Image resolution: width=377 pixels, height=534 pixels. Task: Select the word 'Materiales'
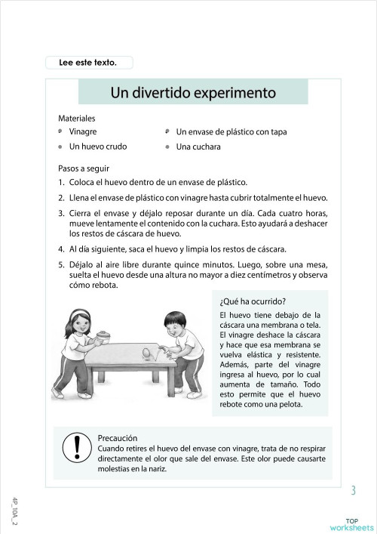click(x=77, y=119)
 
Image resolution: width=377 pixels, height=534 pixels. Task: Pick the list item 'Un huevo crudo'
click(x=98, y=147)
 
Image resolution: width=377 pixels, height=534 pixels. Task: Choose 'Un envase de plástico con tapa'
click(x=231, y=131)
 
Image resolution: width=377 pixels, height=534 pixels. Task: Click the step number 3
click(x=61, y=214)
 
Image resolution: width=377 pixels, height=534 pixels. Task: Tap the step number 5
click(x=61, y=264)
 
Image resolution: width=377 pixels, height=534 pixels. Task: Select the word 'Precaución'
click(x=118, y=437)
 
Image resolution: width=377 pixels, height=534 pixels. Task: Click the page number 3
click(x=353, y=492)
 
